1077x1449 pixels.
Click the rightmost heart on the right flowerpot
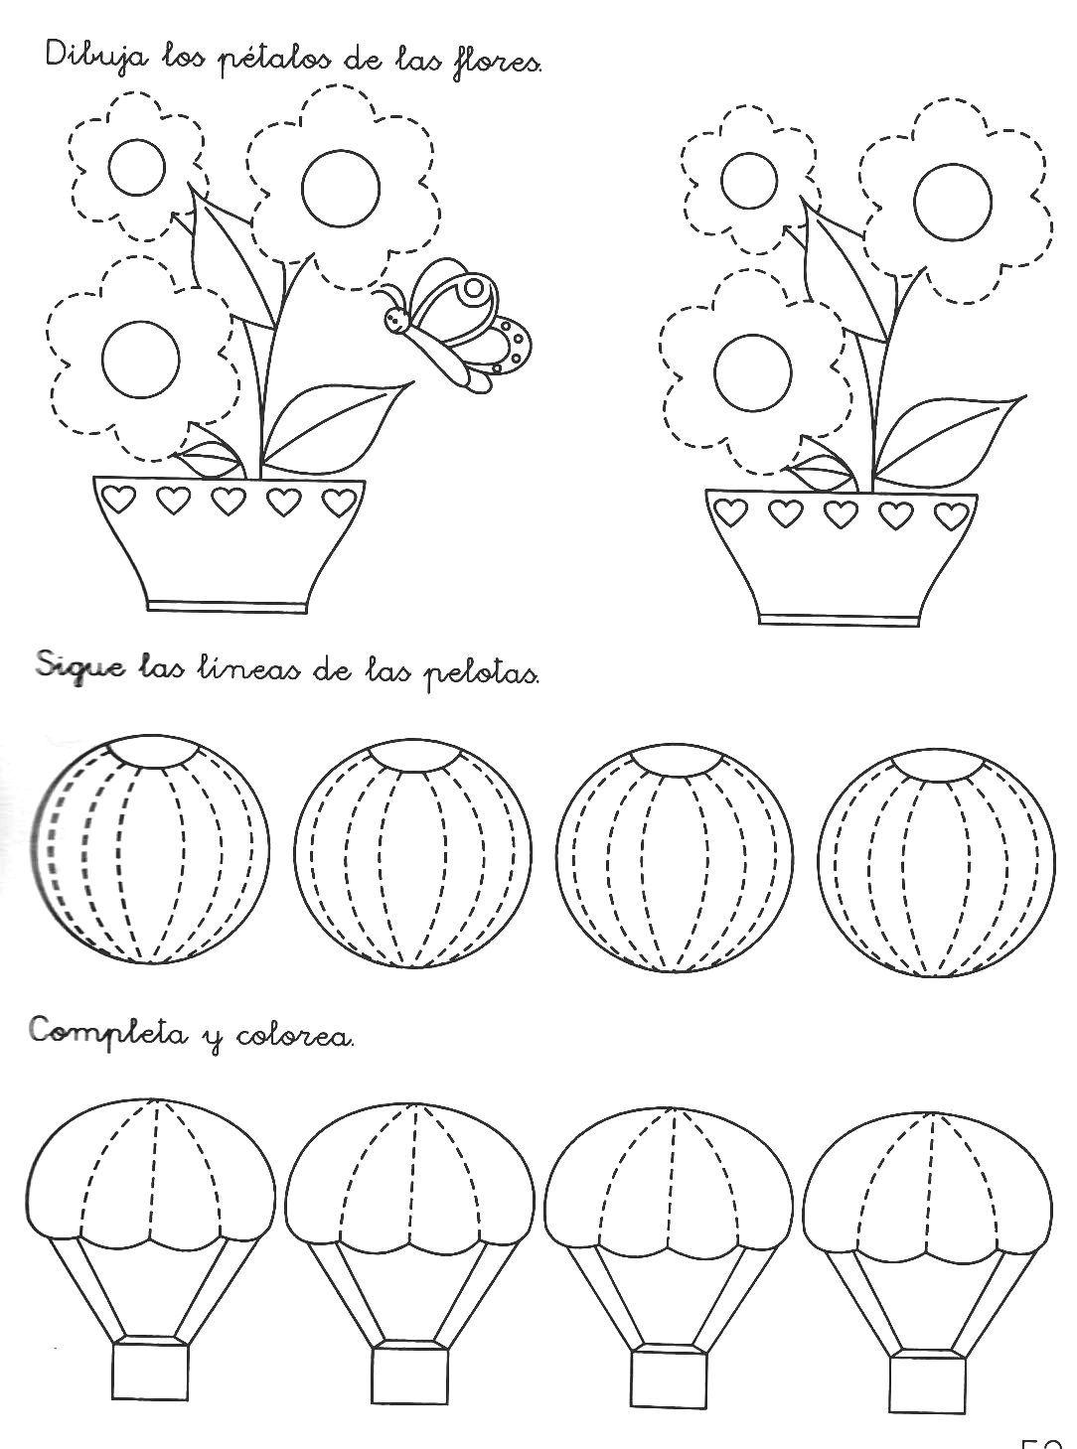pos(951,514)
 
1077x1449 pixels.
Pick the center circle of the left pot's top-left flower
pos(137,170)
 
